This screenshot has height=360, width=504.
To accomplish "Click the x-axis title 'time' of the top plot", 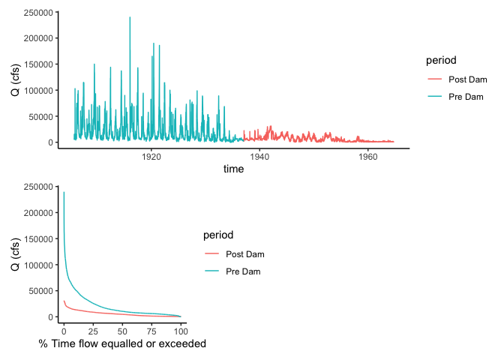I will click(233, 169).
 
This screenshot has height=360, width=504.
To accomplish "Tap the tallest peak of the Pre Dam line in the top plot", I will click(130, 17).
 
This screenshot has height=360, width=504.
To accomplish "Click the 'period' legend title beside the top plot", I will click(441, 60).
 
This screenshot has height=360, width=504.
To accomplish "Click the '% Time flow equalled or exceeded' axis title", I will click(122, 344).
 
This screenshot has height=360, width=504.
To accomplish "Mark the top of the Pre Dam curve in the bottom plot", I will click(64, 193).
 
